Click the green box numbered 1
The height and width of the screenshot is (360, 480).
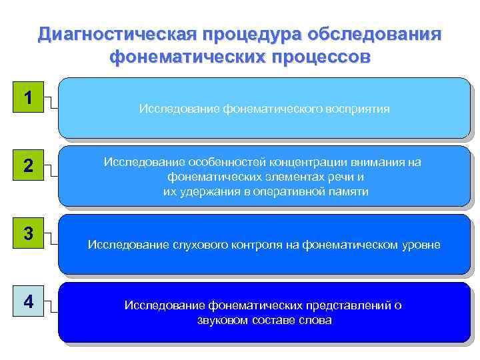[28, 97]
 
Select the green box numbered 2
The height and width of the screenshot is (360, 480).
[28, 166]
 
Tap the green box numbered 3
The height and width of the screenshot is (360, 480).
[28, 234]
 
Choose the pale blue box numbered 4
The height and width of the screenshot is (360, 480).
[28, 302]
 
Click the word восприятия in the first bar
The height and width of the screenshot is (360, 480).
[356, 108]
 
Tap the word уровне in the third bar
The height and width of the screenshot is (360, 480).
[420, 245]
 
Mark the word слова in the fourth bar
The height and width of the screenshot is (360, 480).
[317, 320]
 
